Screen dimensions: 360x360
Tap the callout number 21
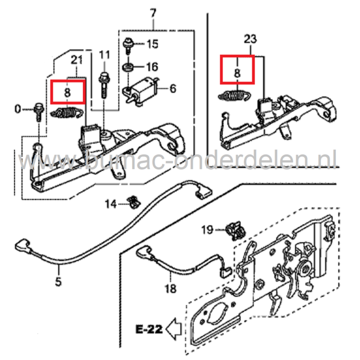pyautogui.click(x=76, y=61)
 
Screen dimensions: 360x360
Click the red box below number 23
pyautogui.click(x=237, y=69)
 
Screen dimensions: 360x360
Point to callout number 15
pyautogui.click(x=153, y=44)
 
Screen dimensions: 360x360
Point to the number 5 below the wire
pyautogui.click(x=58, y=281)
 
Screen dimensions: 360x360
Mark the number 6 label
pyautogui.click(x=173, y=89)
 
